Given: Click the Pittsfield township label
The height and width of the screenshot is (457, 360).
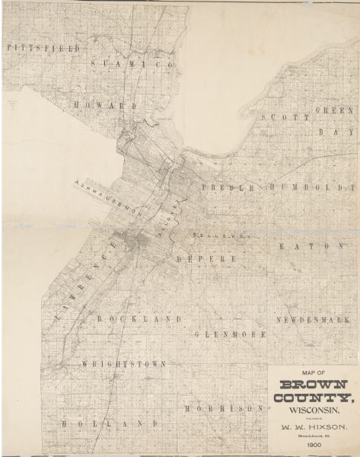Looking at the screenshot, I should [x=32, y=47].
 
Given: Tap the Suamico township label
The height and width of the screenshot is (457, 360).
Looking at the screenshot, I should [x=133, y=66].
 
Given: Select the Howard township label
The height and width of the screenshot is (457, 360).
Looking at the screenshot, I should [x=106, y=104].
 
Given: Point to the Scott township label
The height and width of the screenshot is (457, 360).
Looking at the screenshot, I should [x=285, y=117].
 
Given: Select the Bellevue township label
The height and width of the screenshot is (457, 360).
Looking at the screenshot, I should [x=221, y=236].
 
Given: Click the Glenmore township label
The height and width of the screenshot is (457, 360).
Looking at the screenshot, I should [x=230, y=334].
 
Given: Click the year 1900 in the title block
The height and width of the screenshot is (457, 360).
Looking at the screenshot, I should [x=314, y=443].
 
